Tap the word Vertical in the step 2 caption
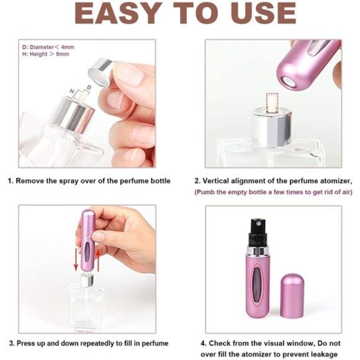coord(225,181)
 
